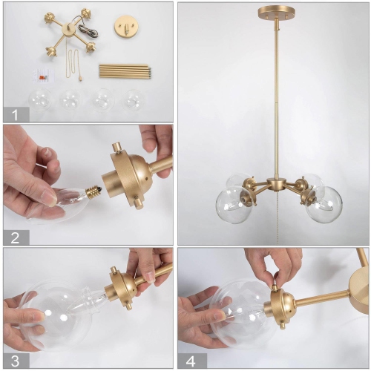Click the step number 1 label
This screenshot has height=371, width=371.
(16, 114)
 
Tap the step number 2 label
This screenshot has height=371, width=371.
(16, 237)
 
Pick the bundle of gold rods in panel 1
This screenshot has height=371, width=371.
(125, 71)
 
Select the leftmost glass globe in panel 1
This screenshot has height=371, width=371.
(40, 100)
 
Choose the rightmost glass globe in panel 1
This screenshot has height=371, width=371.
(134, 99)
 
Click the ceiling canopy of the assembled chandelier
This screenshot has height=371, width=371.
(275, 13)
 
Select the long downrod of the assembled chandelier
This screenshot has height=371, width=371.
(275, 96)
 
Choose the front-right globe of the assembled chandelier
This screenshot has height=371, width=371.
(324, 204)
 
